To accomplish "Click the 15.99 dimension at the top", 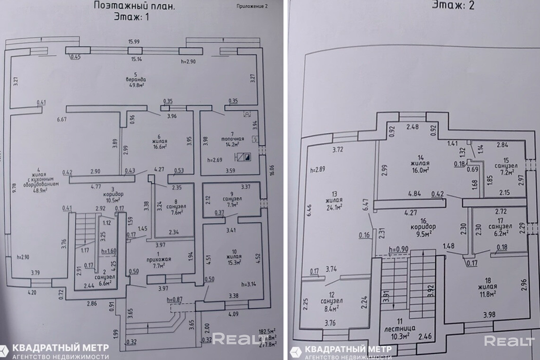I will pyautogui.click(x=134, y=42).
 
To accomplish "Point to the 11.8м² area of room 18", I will pyautogui.click(x=486, y=293).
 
